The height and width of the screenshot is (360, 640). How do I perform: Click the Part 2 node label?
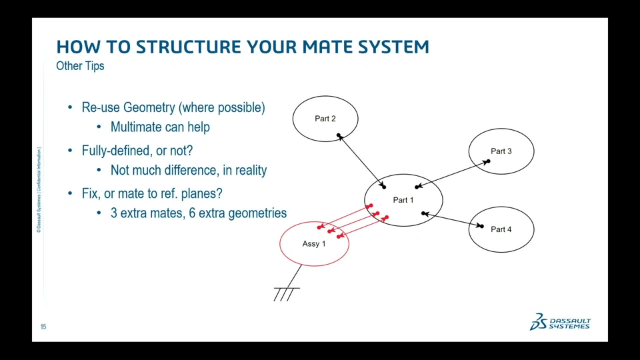click(x=325, y=119)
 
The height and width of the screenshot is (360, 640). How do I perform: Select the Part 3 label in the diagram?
click(x=501, y=151)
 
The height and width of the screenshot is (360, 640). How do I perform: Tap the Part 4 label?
click(x=501, y=229)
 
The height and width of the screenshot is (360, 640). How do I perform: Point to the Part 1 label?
click(x=403, y=200)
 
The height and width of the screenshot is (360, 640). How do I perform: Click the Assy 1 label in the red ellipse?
click(x=314, y=244)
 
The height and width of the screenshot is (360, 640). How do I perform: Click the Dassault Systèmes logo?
click(x=560, y=322)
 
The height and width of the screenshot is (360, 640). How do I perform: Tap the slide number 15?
click(x=43, y=327)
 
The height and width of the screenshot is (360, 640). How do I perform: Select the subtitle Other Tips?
click(x=80, y=66)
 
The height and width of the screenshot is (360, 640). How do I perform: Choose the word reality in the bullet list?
click(x=250, y=170)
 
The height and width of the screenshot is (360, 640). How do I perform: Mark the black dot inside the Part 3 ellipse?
click(x=488, y=161)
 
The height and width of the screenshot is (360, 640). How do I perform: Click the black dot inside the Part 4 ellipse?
click(x=481, y=226)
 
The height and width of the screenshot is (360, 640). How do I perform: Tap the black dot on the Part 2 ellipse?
click(x=339, y=135)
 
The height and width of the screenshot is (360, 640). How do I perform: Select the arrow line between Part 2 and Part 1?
click(x=361, y=161)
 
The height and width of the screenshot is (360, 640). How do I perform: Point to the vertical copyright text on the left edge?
click(x=39, y=190)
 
